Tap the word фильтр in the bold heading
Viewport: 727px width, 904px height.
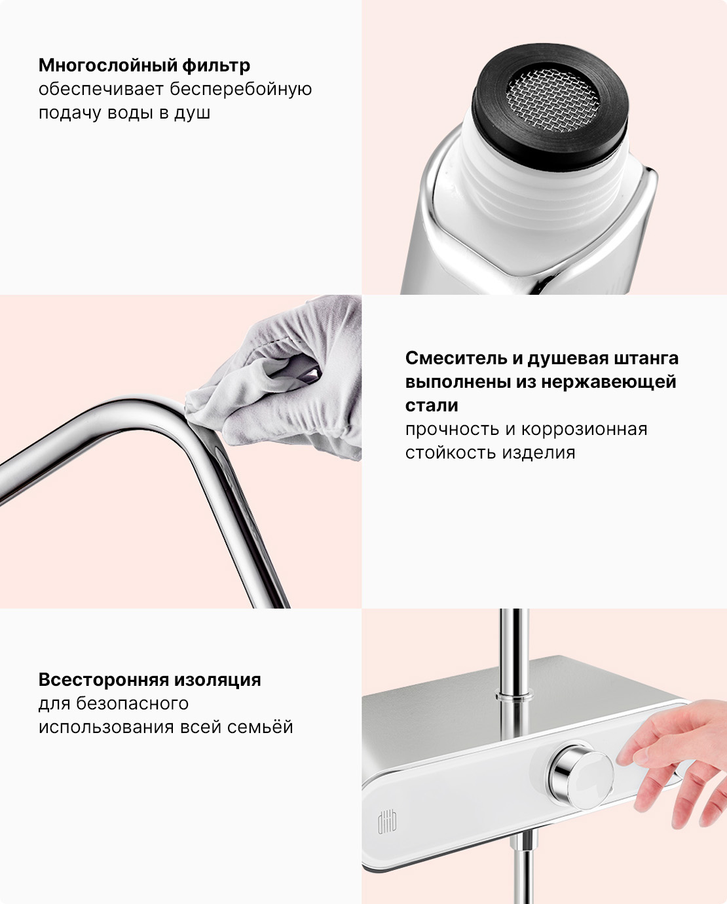[x=216, y=66]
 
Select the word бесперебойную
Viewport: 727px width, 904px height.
[x=240, y=89]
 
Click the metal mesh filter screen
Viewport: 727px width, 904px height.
[x=552, y=100]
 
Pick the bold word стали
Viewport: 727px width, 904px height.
[x=432, y=405]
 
